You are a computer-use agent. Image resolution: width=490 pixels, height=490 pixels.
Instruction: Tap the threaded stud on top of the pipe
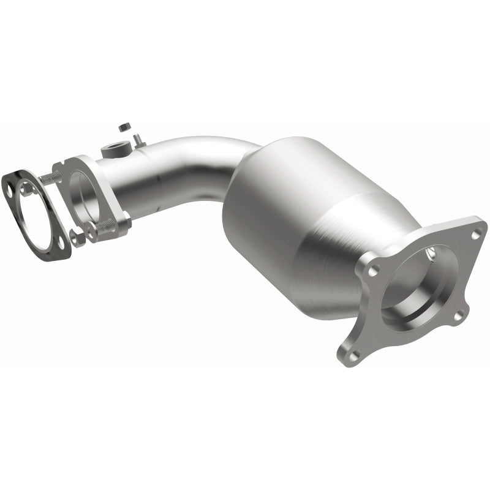coord(135,138)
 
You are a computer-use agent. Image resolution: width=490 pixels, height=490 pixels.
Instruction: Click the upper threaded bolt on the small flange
coord(51,178)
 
